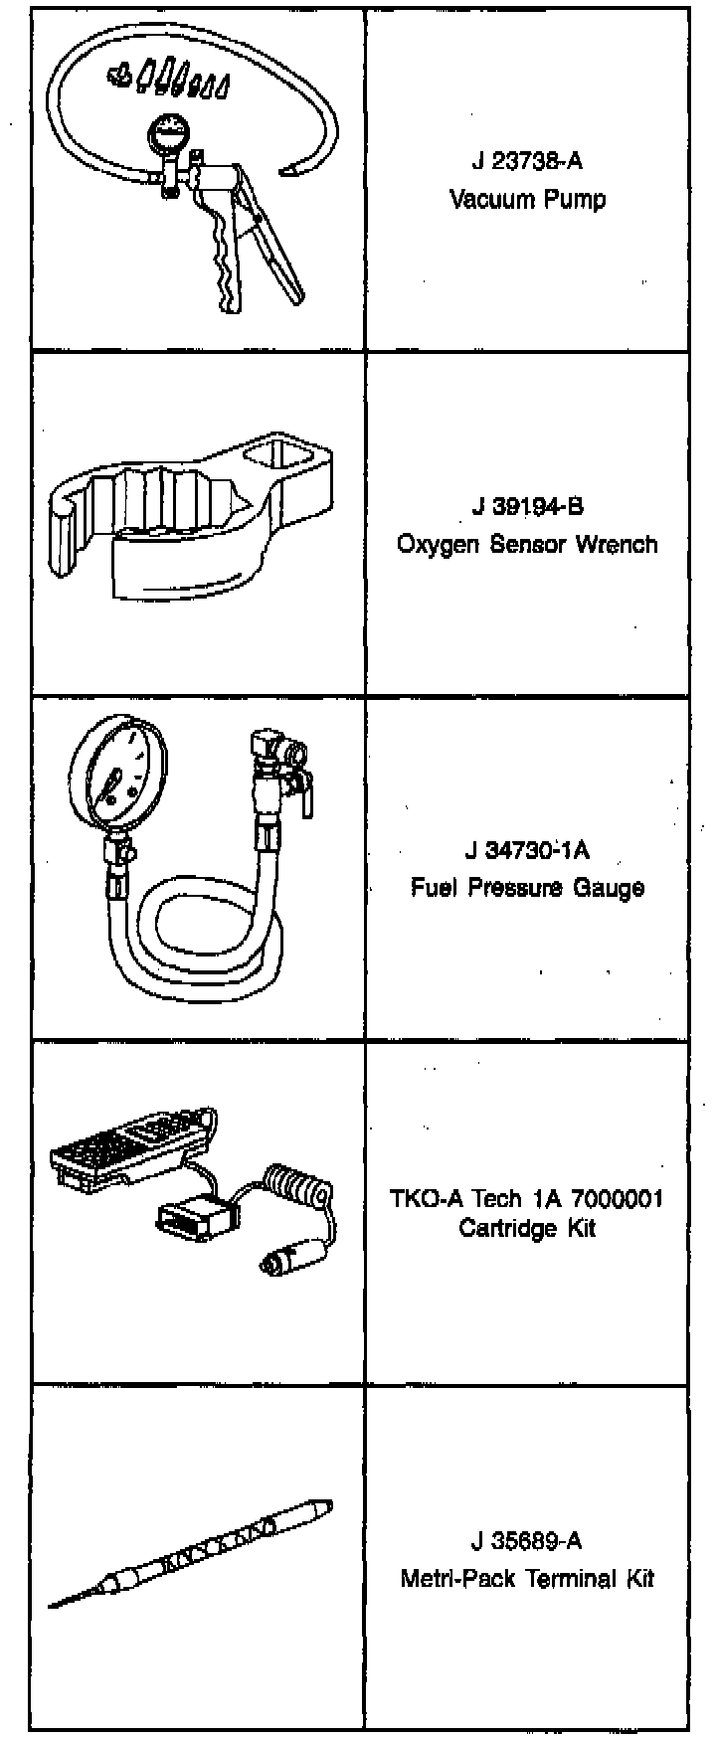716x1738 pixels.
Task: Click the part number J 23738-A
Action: (x=526, y=161)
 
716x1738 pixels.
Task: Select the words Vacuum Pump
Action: (x=526, y=199)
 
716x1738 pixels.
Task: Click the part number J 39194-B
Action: (x=527, y=506)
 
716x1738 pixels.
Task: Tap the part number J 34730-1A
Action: (x=527, y=850)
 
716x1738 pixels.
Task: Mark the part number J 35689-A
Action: (x=527, y=1541)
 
